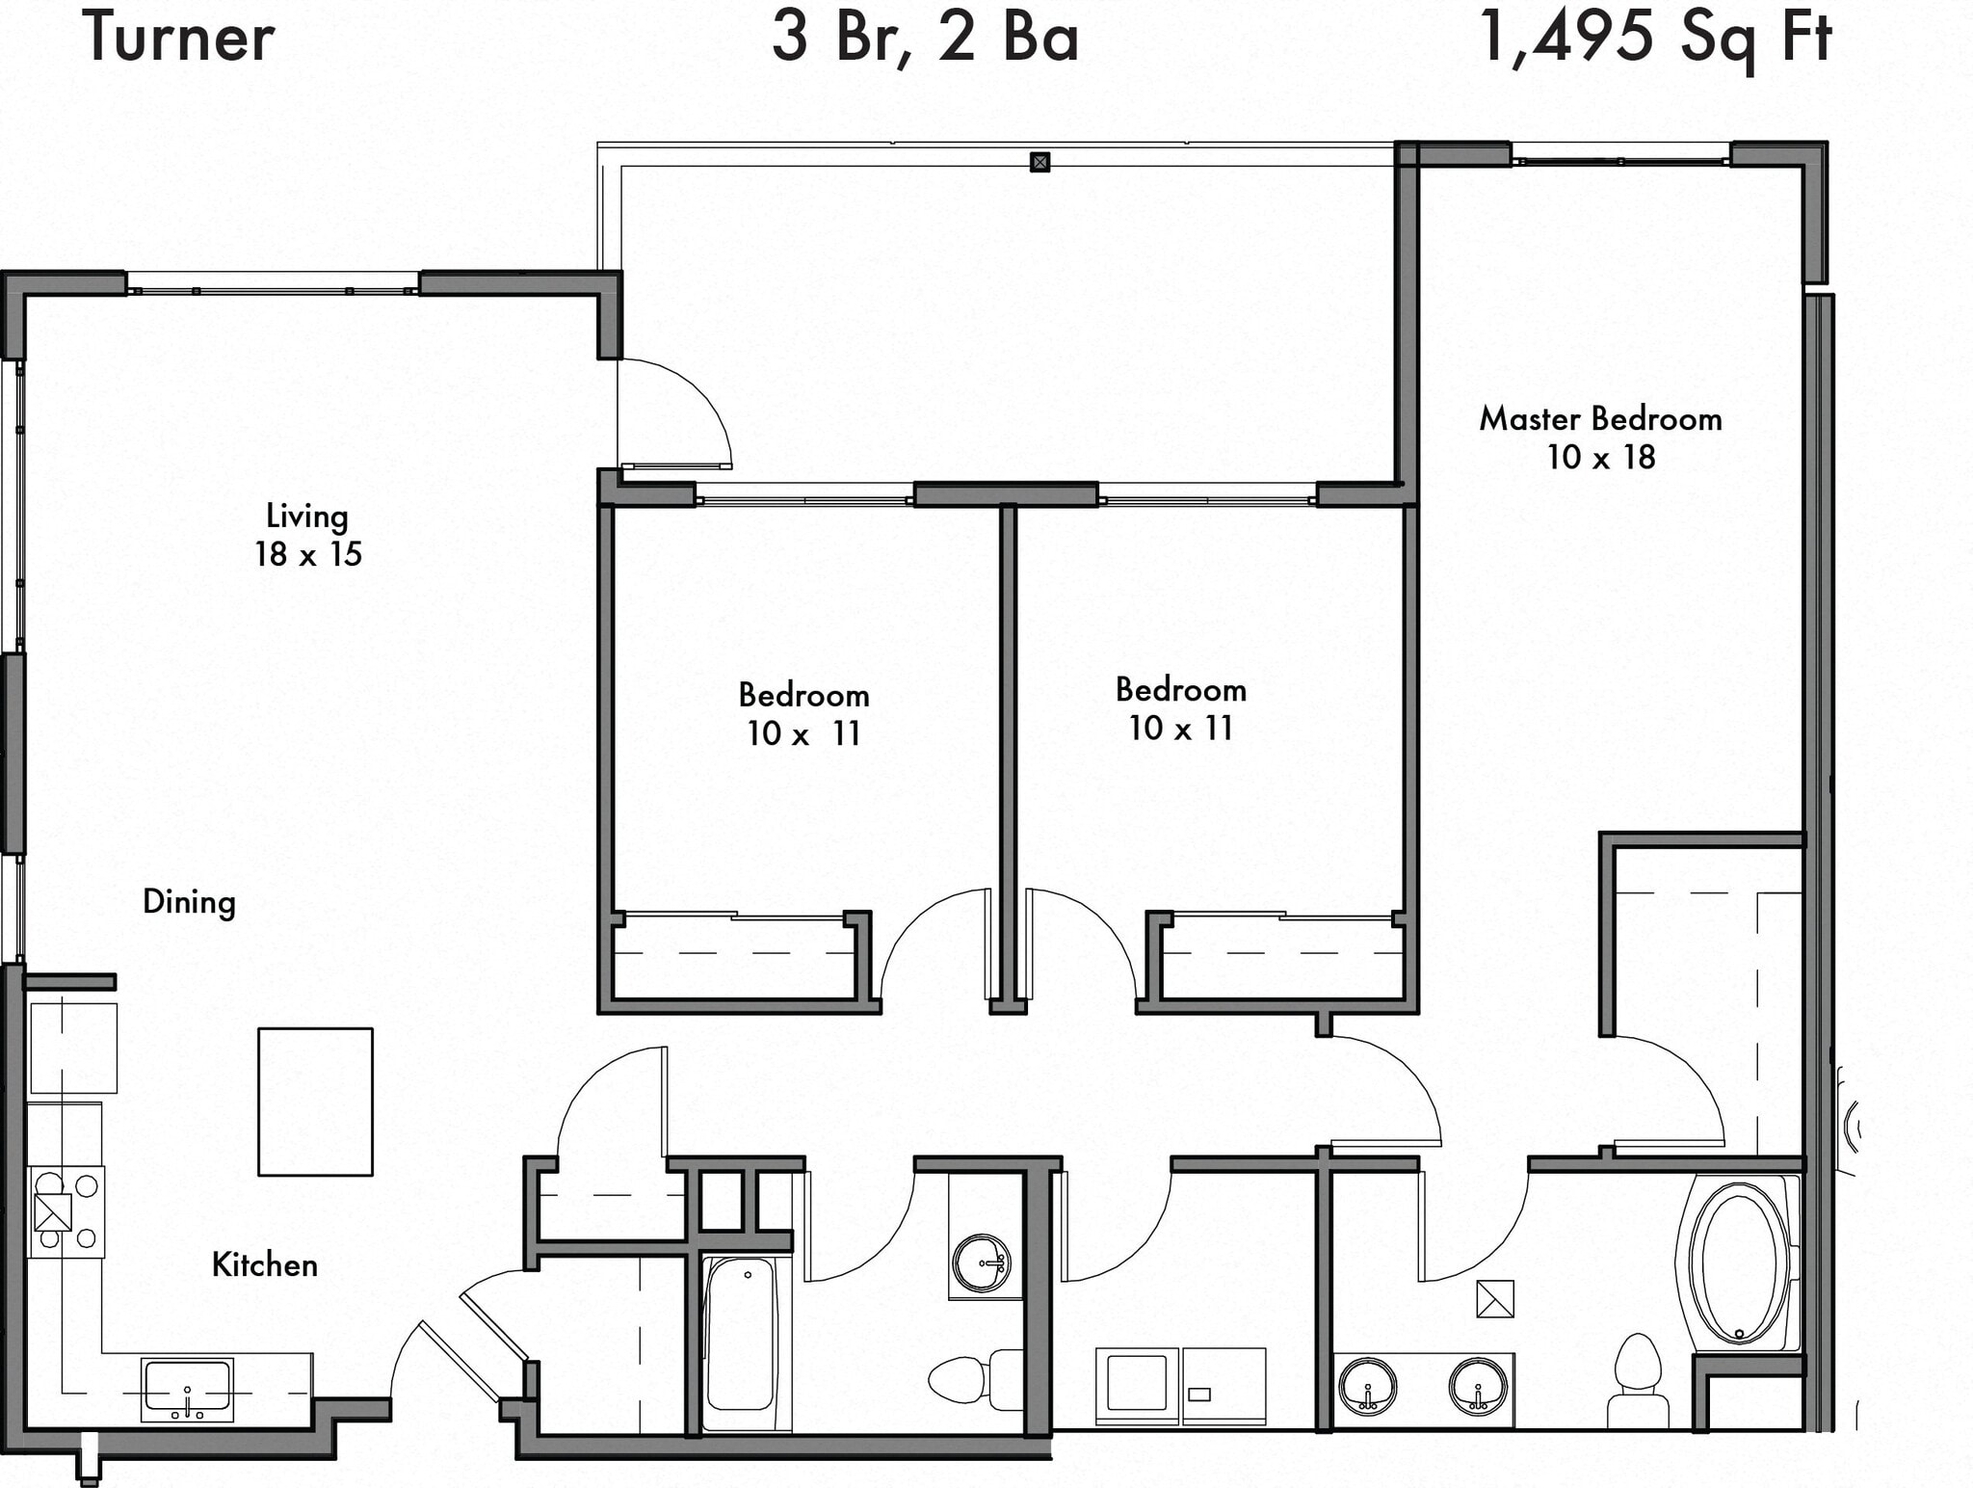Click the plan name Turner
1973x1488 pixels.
point(179,38)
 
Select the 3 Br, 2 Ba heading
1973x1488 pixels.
point(925,38)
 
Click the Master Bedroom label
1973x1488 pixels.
point(1600,419)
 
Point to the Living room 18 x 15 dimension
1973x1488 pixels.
point(308,554)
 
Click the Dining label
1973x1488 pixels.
point(189,902)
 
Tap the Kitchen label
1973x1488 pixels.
point(265,1264)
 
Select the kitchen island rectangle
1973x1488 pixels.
point(315,1102)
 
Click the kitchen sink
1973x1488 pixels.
point(187,1390)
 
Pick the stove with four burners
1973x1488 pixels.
point(66,1211)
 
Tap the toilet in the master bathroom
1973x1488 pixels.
point(1638,1378)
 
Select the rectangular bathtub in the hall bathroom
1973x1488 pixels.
point(740,1335)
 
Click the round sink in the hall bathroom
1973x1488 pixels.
point(982,1262)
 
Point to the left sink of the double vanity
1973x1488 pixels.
point(1368,1386)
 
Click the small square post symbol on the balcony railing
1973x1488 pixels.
point(1039,162)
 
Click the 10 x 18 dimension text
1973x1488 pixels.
point(1600,457)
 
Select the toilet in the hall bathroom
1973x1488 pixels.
point(968,1378)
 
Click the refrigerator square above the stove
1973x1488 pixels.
point(73,1048)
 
